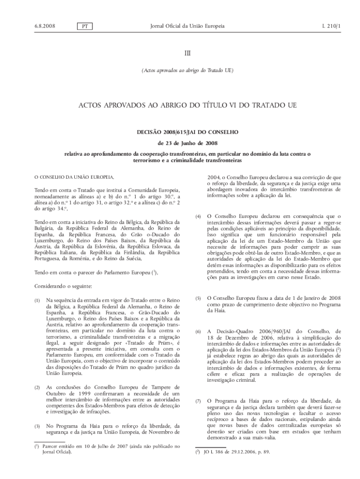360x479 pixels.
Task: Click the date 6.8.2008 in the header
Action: point(45,26)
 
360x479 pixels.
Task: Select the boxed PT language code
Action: point(85,27)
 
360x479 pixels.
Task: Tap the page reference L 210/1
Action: point(331,26)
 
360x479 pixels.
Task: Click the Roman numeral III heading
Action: point(187,54)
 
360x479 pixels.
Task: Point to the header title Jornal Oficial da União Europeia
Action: point(187,26)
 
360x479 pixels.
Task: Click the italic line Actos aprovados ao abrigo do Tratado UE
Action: point(187,71)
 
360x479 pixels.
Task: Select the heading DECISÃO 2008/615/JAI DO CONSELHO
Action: point(187,132)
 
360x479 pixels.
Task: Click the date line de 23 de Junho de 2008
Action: point(187,143)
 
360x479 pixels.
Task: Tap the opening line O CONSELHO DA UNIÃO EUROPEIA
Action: point(74,177)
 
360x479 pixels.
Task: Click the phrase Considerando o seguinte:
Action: point(63,285)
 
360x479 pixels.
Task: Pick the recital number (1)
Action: point(38,298)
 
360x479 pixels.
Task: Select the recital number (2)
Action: point(38,387)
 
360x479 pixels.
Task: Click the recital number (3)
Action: point(38,426)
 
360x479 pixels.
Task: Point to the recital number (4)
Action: point(198,217)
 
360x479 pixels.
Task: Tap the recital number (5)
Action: point(198,298)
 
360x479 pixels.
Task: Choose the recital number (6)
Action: point(198,332)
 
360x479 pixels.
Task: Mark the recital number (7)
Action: point(198,401)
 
